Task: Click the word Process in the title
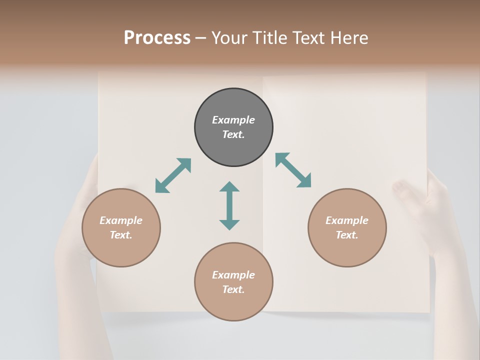(157, 38)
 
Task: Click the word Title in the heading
(270, 38)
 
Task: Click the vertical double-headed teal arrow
(229, 205)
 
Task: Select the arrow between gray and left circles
(173, 175)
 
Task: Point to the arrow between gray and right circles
(293, 170)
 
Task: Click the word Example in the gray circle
(233, 120)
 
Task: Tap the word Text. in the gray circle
(233, 134)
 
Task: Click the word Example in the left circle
(121, 220)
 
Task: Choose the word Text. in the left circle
(121, 235)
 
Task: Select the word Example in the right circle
(347, 220)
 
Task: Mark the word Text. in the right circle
(347, 235)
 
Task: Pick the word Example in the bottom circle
(233, 275)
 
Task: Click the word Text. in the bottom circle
(233, 289)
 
